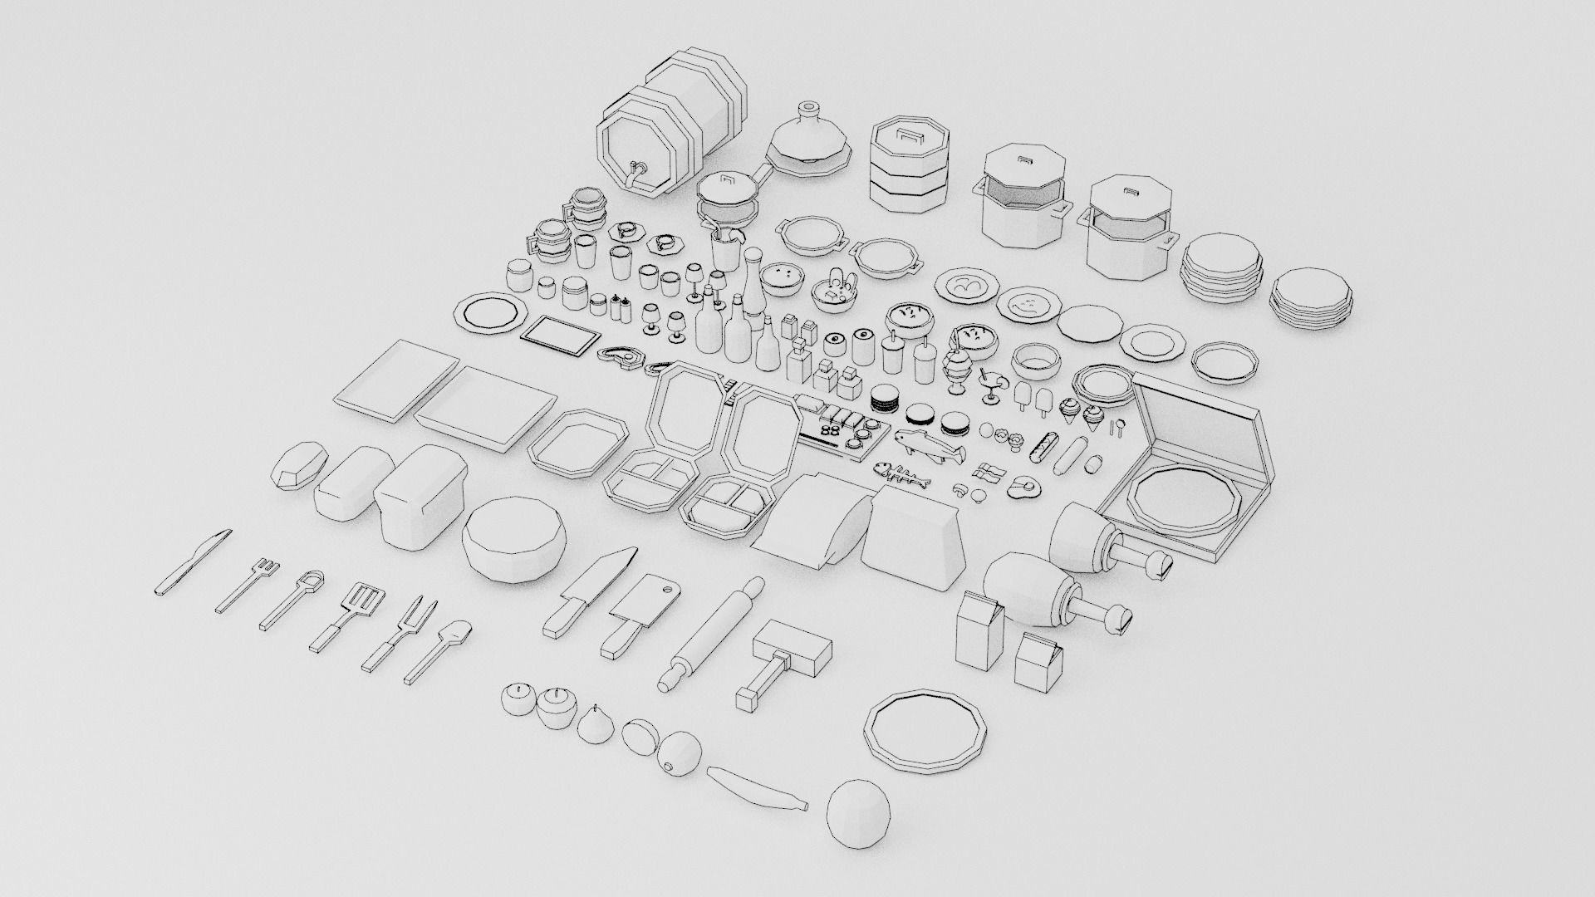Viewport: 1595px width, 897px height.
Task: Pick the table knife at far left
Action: [x=194, y=561]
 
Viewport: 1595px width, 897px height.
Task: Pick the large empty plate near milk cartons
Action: [x=927, y=730]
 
